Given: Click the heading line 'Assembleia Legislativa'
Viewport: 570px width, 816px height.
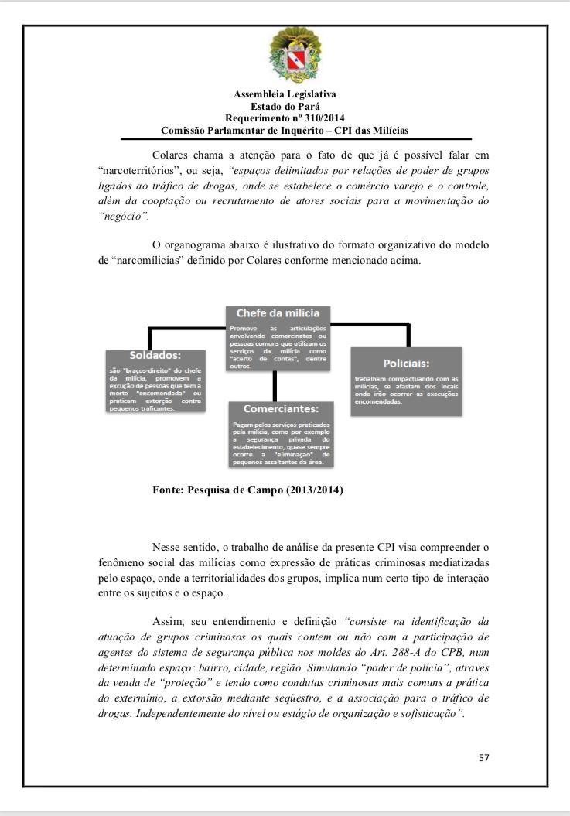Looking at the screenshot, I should [x=285, y=95].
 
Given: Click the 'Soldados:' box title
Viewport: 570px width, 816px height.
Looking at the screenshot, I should [x=155, y=356].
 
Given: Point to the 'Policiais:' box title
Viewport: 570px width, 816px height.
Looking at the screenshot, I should [x=406, y=362].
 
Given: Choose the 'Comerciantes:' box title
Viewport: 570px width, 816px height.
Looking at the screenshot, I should [x=282, y=408].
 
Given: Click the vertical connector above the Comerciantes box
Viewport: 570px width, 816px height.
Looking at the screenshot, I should [x=275, y=384].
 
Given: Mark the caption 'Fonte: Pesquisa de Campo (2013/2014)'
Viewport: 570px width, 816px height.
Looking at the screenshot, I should [x=248, y=490].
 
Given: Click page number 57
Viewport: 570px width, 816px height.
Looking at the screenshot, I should [x=483, y=757].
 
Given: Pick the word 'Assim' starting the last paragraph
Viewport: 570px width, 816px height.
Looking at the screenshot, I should [x=167, y=621].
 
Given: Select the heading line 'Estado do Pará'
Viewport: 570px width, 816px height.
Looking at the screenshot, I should [x=285, y=107].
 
